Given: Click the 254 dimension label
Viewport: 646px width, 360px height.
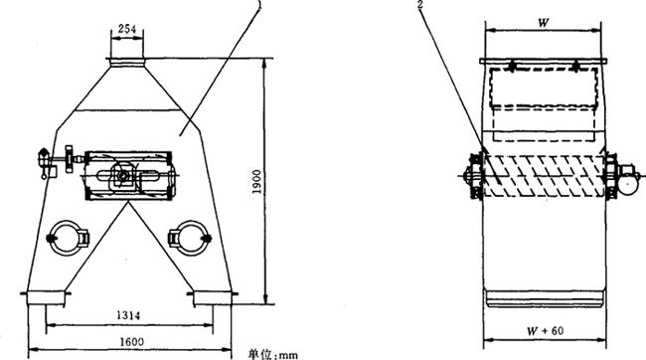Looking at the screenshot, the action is (127, 29).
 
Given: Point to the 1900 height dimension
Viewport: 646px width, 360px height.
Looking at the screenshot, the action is (256, 181).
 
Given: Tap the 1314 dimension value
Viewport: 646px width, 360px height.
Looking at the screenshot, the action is (128, 315).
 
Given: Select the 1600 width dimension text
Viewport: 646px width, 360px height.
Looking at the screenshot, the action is (131, 342).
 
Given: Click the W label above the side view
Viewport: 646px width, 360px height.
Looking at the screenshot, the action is (544, 23).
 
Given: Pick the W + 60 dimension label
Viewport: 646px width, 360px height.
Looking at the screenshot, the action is (545, 331).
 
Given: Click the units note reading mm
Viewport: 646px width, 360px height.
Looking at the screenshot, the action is (288, 355).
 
